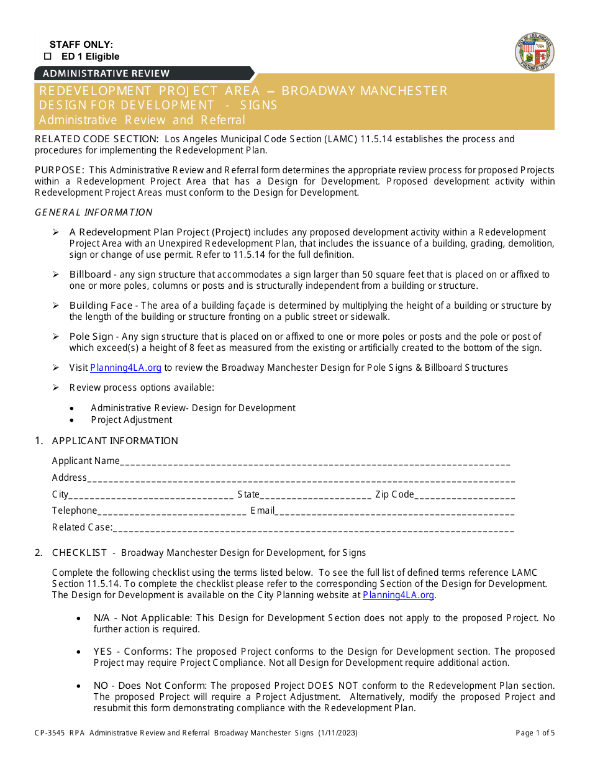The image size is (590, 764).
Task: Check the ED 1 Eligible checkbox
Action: click(x=47, y=57)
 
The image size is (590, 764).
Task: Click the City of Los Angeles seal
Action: click(x=534, y=53)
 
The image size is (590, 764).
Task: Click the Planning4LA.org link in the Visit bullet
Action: click(x=126, y=368)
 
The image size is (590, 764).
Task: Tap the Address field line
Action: click(x=301, y=478)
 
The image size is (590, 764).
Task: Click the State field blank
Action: click(x=315, y=495)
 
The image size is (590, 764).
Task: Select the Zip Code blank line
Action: click(x=464, y=495)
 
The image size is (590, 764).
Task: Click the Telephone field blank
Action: click(x=171, y=511)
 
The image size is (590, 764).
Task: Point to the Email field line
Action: click(x=394, y=511)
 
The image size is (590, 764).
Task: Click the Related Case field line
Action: click(x=313, y=528)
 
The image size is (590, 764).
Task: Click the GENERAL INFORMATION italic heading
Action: click(x=94, y=212)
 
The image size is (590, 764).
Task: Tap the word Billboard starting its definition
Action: click(x=90, y=275)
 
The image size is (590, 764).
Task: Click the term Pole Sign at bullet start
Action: click(x=91, y=337)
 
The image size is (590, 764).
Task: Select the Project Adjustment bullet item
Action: click(x=131, y=420)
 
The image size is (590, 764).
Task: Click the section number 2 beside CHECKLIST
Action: click(x=39, y=553)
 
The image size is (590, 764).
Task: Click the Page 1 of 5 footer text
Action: click(x=535, y=733)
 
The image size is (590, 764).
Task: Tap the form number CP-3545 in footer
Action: click(x=48, y=733)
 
